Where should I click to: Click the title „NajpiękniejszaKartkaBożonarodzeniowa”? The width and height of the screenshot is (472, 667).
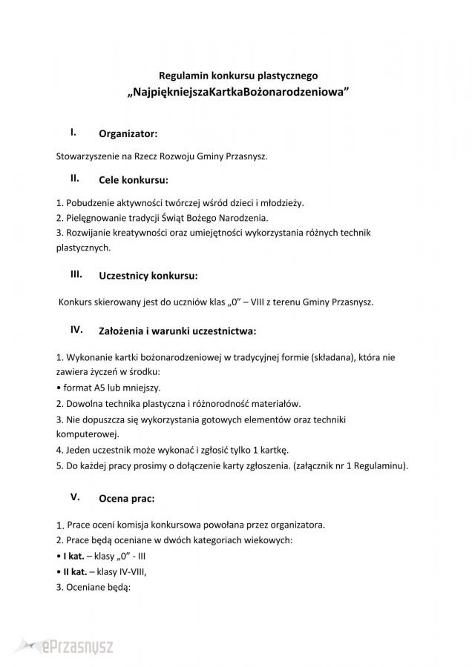pyautogui.click(x=238, y=94)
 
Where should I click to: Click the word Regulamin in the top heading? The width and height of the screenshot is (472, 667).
pyautogui.click(x=183, y=75)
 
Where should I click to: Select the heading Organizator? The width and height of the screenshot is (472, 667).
pyautogui.click(x=128, y=134)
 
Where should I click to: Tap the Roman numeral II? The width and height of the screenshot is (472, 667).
pyautogui.click(x=75, y=178)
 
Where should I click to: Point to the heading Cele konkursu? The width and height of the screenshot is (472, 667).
pyautogui.click(x=134, y=179)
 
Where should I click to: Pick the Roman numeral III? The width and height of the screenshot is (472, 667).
pyautogui.click(x=76, y=273)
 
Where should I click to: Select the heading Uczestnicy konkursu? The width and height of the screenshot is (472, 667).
pyautogui.click(x=148, y=276)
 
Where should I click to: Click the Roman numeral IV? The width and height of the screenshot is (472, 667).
pyautogui.click(x=76, y=328)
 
